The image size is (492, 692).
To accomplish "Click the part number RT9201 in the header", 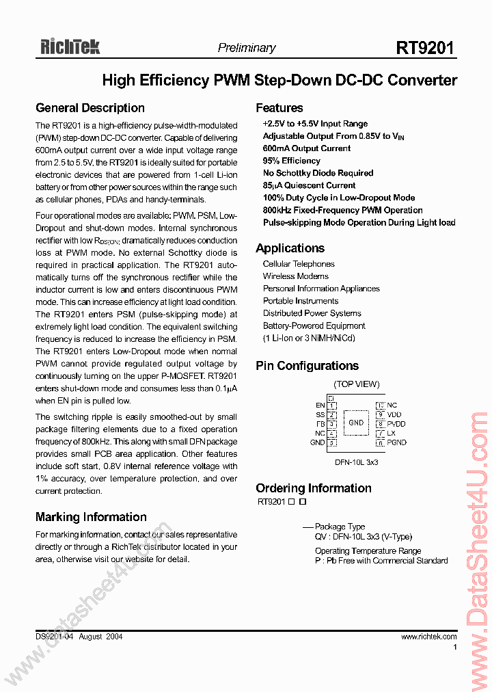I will coord(424,48).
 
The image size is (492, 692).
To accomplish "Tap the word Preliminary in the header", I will coord(246,48).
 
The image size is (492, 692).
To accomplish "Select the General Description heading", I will coord(90,108).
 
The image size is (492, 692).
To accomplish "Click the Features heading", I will coord(279,108).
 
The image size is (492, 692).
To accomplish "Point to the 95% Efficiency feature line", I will coord(291,161).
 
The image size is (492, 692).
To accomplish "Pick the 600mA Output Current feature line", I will coord(306,148).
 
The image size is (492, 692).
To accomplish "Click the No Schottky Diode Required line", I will coord(318,173).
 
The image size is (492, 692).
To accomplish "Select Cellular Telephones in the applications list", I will coord(299,264).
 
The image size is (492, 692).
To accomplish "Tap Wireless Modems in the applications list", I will coord(295,276).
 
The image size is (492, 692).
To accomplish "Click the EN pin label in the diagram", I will coord(320,405).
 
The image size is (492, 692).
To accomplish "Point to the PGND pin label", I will coord(396,442).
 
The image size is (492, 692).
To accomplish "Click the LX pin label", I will coord(392,434).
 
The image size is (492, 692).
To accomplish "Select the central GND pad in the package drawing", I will coord(356,423).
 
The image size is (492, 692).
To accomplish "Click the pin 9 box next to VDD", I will coord(380,414).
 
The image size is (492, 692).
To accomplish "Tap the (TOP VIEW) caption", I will coord(356,384).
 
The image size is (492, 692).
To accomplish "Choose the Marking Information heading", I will coord(91,517).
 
